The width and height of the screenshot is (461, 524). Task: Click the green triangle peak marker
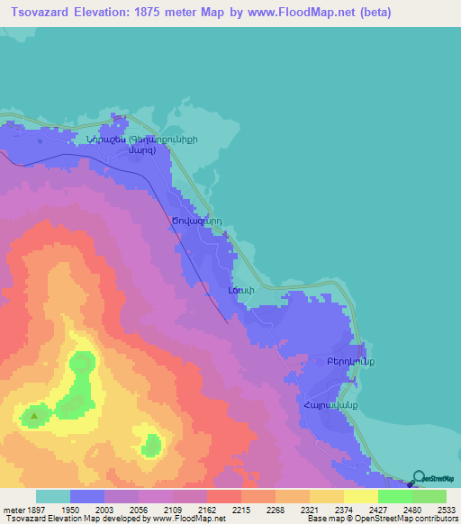tap(35, 415)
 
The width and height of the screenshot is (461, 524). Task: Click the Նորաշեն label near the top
tap(105, 140)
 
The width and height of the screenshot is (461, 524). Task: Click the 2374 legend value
tap(343, 510)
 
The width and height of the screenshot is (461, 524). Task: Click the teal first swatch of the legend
tap(53, 496)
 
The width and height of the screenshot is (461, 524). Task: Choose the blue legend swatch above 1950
tap(87, 496)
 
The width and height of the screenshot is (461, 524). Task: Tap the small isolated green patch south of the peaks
tap(151, 444)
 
